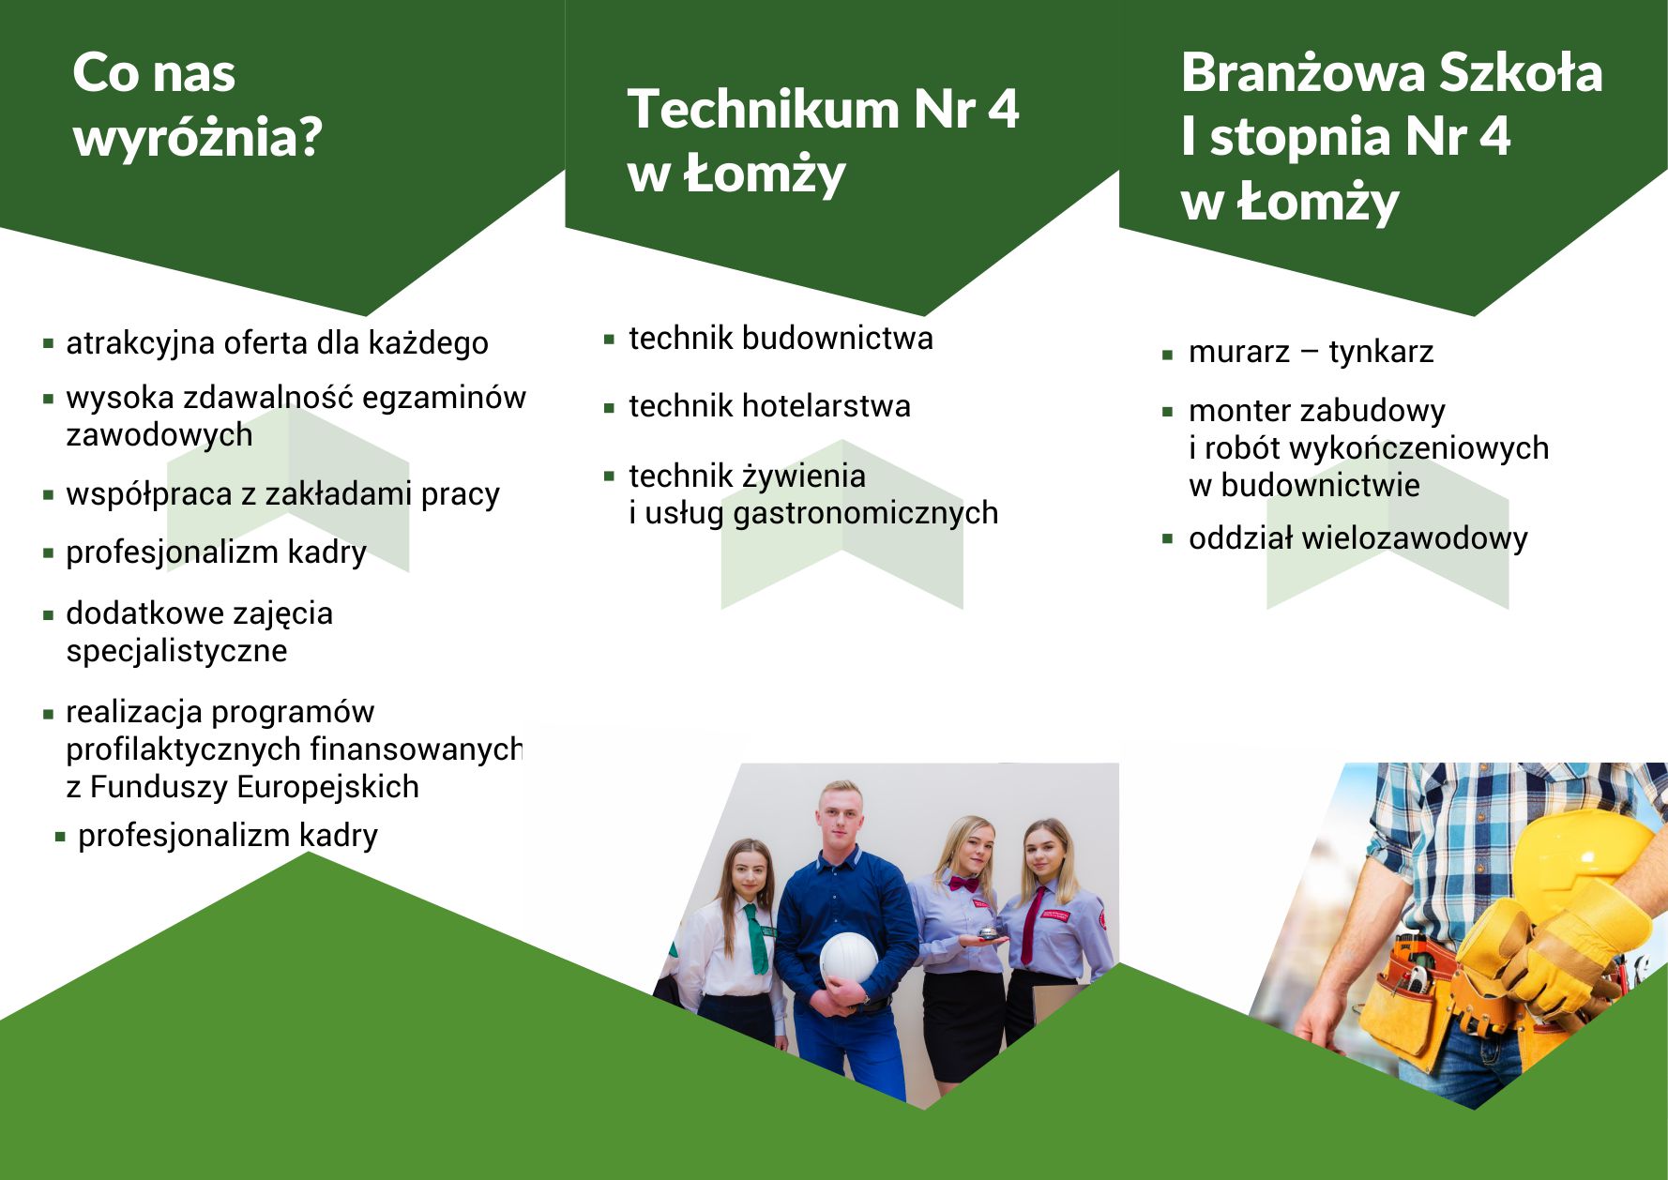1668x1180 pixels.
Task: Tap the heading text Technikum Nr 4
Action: pyautogui.click(x=823, y=109)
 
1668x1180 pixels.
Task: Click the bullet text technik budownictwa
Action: pyautogui.click(x=781, y=338)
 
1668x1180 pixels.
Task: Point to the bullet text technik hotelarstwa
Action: pyautogui.click(x=769, y=406)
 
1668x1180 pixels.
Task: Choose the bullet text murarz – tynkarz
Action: pyautogui.click(x=1311, y=352)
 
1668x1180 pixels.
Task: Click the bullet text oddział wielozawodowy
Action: pyautogui.click(x=1357, y=538)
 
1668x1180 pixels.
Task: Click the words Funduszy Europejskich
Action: pyautogui.click(x=254, y=786)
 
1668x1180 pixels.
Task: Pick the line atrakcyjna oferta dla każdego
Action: pyautogui.click(x=277, y=343)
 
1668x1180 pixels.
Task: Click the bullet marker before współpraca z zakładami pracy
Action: pyautogui.click(x=49, y=494)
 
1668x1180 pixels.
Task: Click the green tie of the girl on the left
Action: pyautogui.click(x=756, y=938)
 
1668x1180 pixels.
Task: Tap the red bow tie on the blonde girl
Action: pyautogui.click(x=963, y=883)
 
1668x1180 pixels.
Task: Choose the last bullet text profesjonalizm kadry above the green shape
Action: pyautogui.click(x=228, y=835)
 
